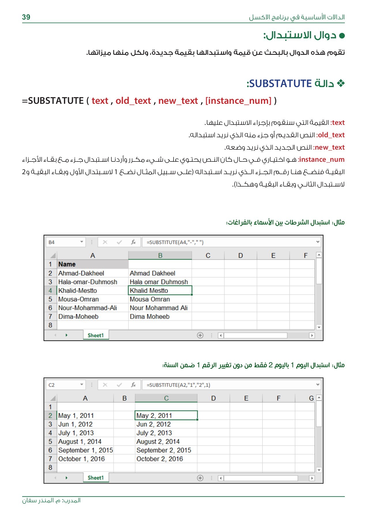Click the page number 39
pos(26,17)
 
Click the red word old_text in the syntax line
pos(133,101)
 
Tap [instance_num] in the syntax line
pos(238,101)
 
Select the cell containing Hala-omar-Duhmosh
pos(88,282)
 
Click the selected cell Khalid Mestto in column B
pos(160,291)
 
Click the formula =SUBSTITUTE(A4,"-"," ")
pos(175,242)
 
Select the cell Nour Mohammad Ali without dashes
pos(159,308)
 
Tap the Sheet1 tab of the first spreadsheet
pos(95,335)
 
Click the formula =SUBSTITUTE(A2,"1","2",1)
pos(178,385)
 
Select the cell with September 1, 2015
pos(85,450)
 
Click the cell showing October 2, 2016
pos(160,459)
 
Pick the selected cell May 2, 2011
pos(166,416)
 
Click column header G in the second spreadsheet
pos(311,398)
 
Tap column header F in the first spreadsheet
pos(306,256)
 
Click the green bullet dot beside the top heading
pos(342,36)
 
